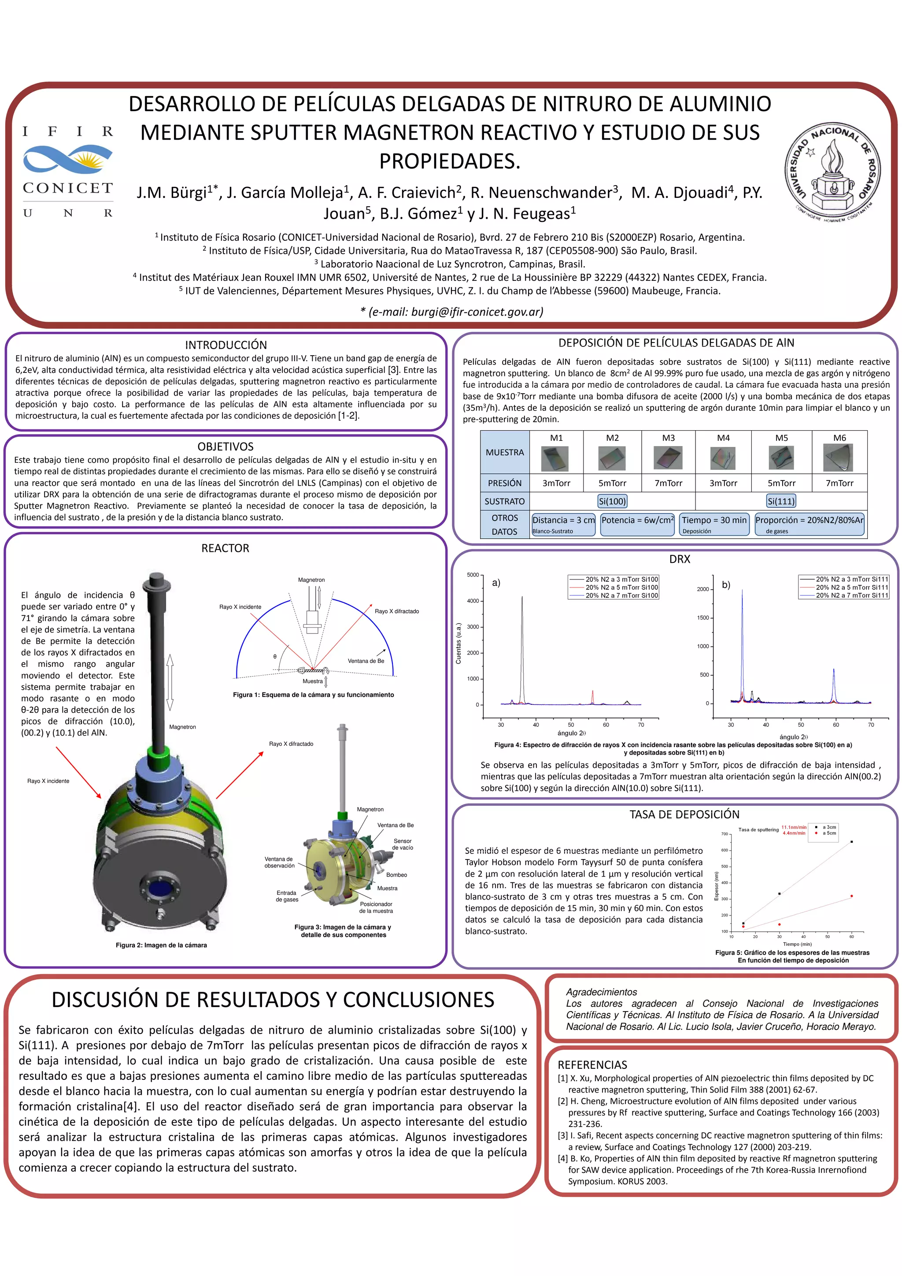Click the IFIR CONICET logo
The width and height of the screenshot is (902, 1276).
[68, 171]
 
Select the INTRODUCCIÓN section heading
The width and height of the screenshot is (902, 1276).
[225, 345]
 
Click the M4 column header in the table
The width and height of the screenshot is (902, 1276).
[723, 438]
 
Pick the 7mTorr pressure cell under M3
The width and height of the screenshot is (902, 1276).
[668, 483]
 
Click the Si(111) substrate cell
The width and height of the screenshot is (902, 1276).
[781, 501]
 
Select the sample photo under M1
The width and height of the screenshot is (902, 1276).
[556, 459]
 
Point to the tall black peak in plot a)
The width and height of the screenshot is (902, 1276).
[522, 600]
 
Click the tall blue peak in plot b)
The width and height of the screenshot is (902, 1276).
[742, 595]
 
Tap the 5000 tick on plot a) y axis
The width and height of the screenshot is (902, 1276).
[473, 575]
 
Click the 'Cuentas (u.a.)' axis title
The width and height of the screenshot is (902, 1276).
[458, 643]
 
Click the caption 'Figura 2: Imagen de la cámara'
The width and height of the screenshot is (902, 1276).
[161, 945]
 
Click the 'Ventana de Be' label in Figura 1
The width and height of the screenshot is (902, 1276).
[366, 661]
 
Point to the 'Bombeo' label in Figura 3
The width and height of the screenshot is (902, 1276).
[396, 875]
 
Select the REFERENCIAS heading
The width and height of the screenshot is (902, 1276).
[592, 1065]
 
